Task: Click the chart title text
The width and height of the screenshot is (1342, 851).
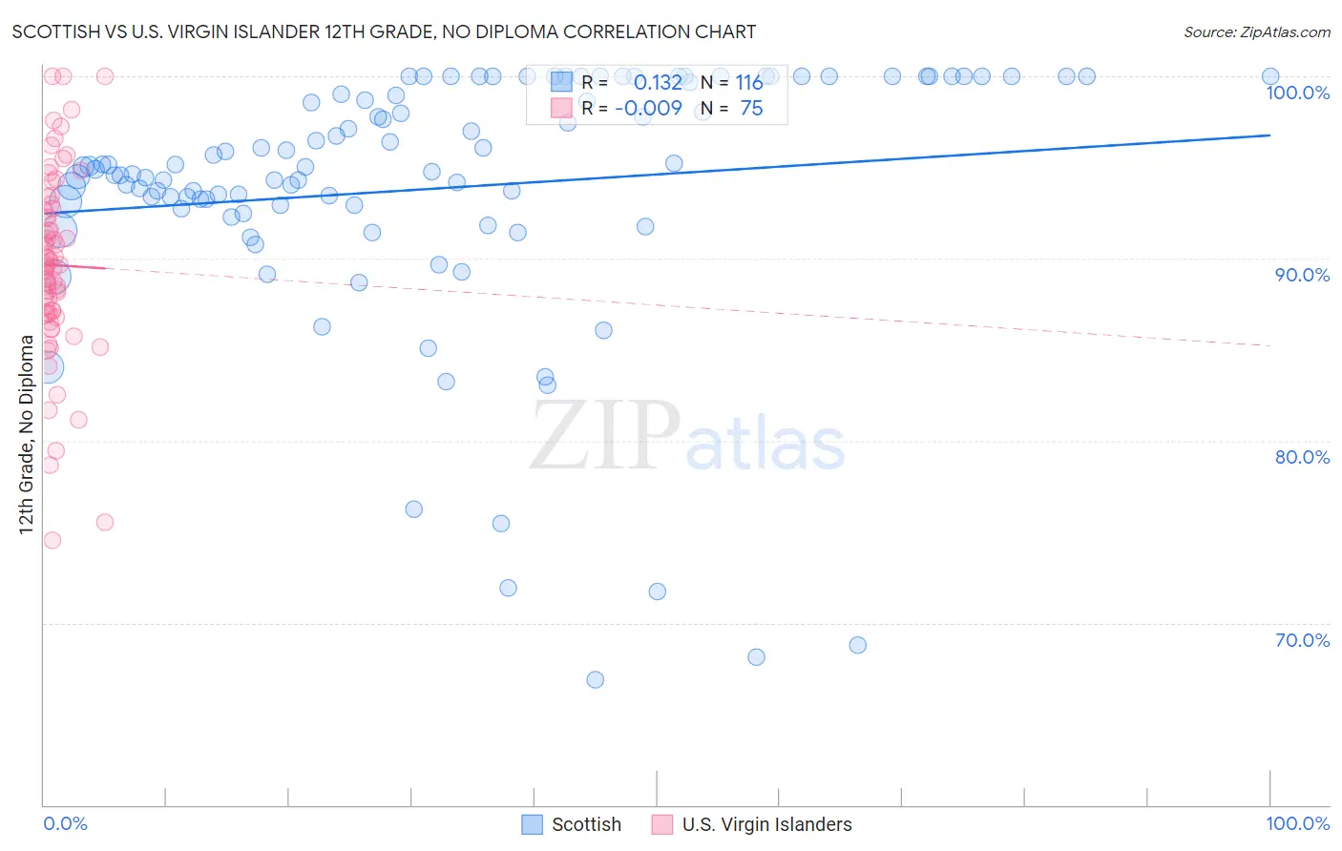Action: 384,32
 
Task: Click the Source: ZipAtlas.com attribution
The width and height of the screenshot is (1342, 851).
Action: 1256,32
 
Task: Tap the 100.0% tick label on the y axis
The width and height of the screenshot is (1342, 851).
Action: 1297,93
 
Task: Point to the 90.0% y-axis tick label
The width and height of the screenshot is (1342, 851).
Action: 1302,275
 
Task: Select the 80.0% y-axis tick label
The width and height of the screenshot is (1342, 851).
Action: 1302,457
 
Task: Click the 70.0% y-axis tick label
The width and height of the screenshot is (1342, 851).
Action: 1302,640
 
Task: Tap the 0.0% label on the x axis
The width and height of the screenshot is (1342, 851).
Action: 65,823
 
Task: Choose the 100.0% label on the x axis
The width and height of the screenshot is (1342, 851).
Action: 1297,823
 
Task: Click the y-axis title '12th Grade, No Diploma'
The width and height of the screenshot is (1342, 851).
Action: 26,434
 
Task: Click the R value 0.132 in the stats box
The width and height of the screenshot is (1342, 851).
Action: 658,83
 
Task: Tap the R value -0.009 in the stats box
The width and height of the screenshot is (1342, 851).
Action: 648,109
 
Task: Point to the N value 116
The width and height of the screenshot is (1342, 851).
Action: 748,83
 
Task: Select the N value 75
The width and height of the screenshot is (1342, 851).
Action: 751,109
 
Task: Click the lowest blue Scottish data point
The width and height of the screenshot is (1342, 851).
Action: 595,680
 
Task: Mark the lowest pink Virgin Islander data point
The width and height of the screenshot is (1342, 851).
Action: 52,540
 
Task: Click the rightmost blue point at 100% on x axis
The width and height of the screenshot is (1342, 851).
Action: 1269,76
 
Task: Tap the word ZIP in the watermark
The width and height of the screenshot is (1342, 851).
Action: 605,436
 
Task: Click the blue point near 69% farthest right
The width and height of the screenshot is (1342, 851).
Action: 857,645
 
